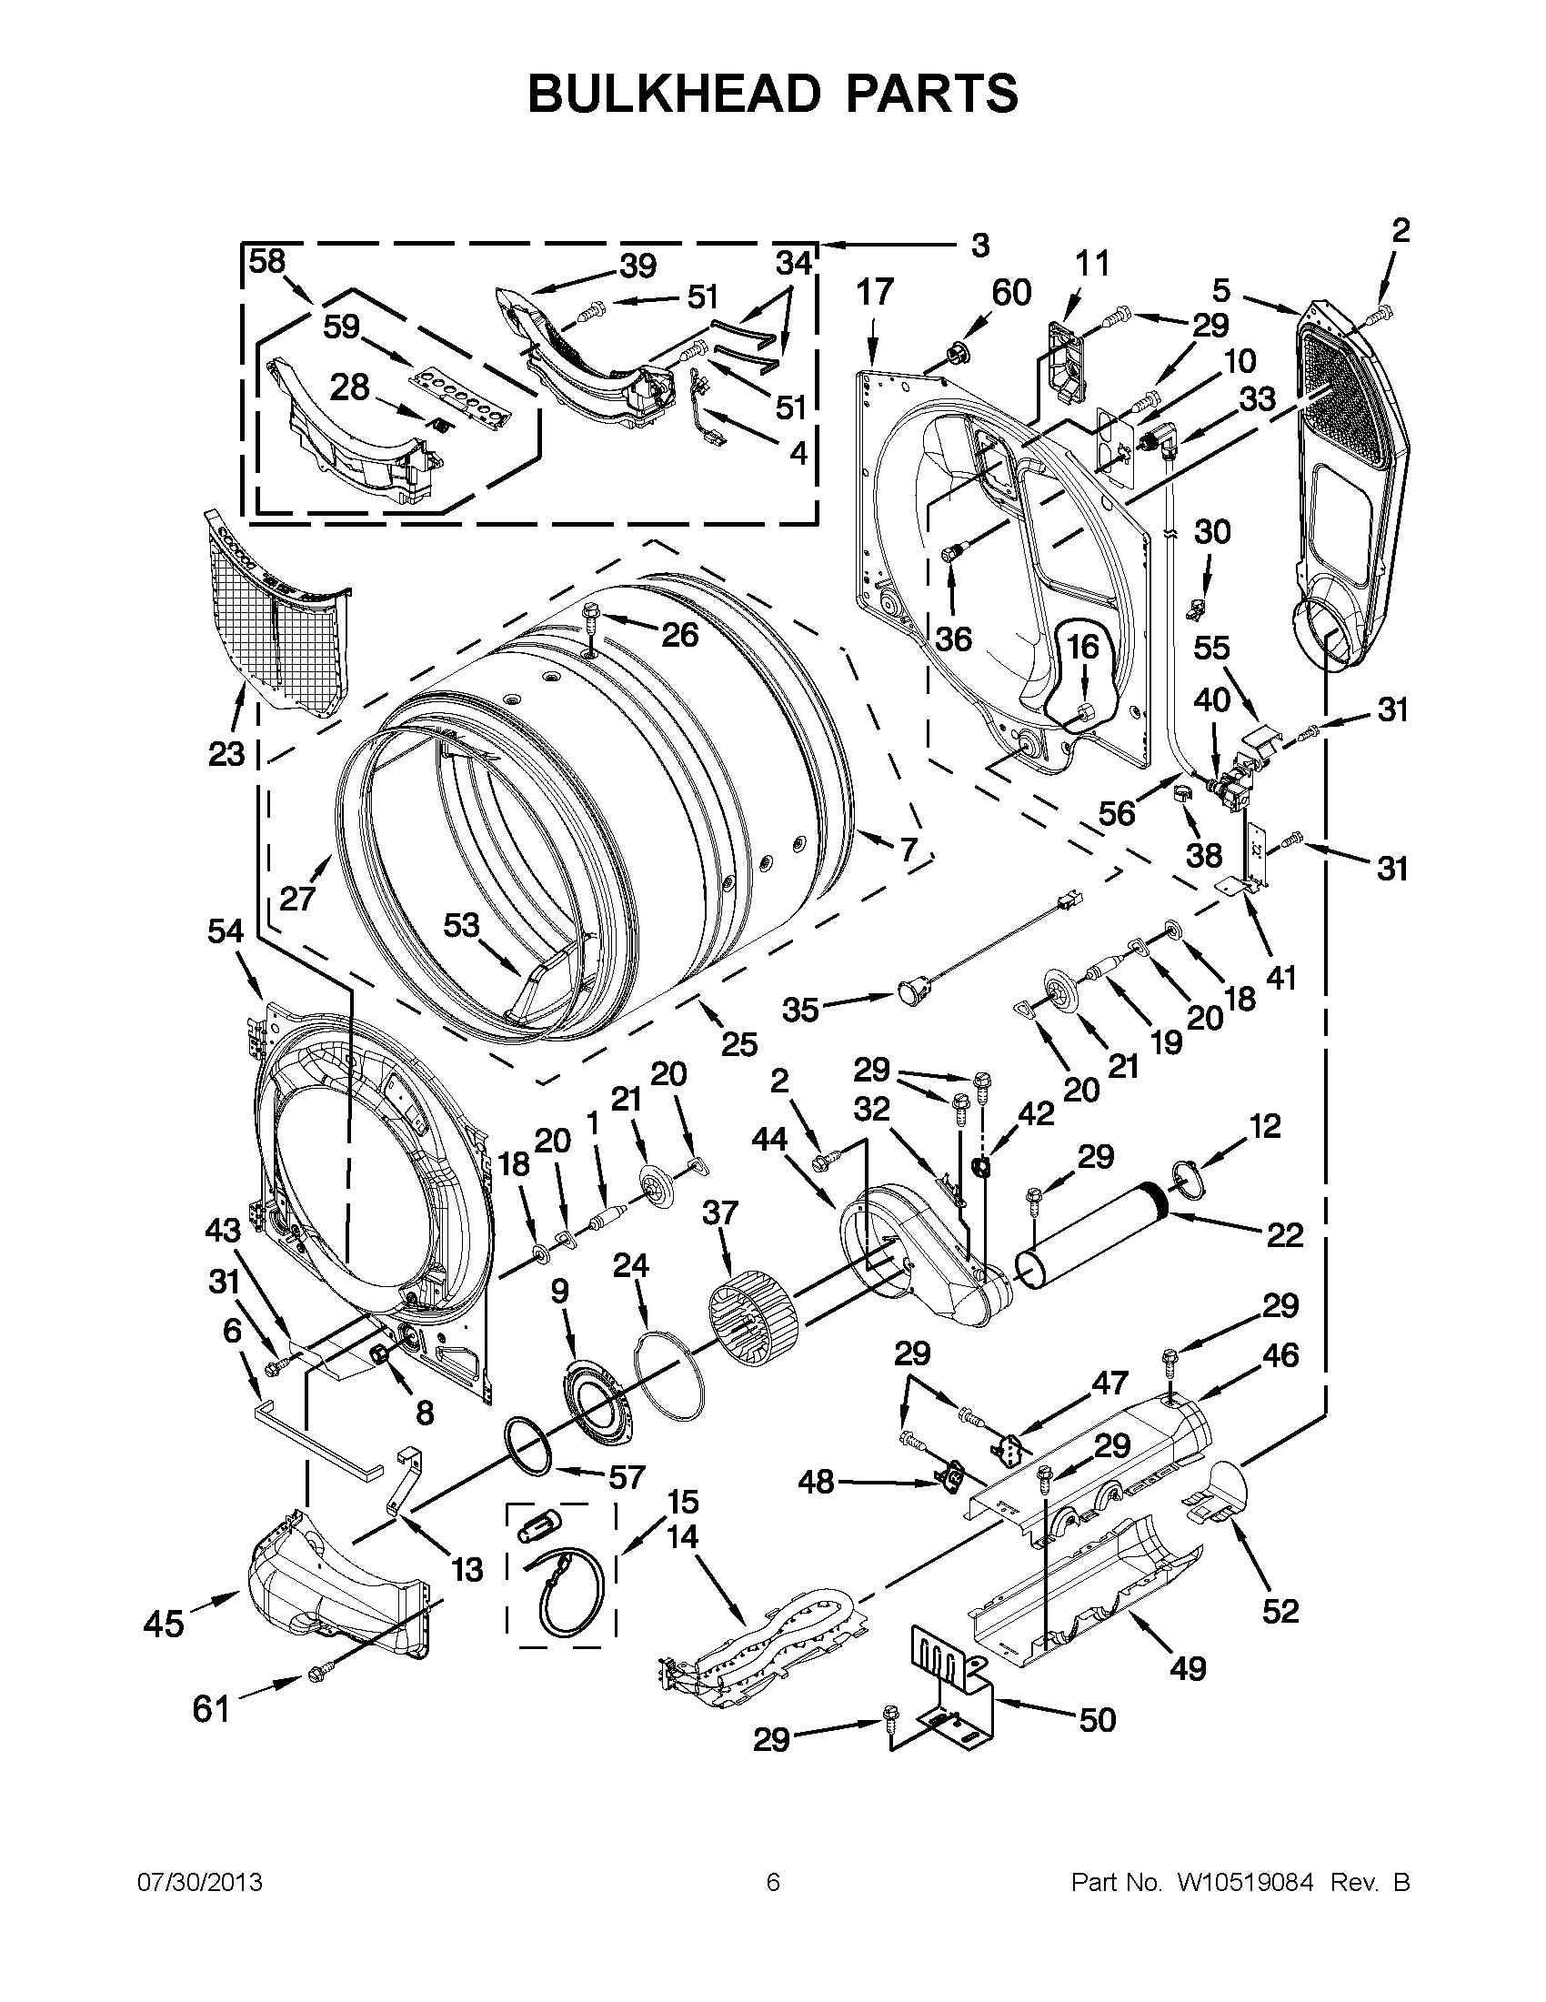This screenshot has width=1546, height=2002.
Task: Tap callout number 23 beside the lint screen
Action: pyautogui.click(x=227, y=753)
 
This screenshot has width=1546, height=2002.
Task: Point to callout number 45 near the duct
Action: pyautogui.click(x=164, y=1625)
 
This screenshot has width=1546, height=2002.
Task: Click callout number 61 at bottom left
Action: pyautogui.click(x=211, y=1709)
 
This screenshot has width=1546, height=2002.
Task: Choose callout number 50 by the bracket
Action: pyautogui.click(x=1097, y=1720)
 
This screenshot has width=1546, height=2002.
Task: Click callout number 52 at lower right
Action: pyautogui.click(x=1280, y=1610)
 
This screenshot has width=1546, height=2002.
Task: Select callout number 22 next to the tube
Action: pyautogui.click(x=1284, y=1234)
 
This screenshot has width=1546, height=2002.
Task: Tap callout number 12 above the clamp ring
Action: pyautogui.click(x=1265, y=1126)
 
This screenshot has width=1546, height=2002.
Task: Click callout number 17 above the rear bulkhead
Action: pyautogui.click(x=874, y=292)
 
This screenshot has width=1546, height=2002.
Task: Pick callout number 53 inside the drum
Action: pyautogui.click(x=461, y=925)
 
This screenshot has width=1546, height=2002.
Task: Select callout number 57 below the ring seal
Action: pyautogui.click(x=627, y=1477)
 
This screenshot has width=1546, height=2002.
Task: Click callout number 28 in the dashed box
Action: pyautogui.click(x=349, y=387)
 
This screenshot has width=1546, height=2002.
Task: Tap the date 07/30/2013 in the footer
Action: pyautogui.click(x=200, y=1883)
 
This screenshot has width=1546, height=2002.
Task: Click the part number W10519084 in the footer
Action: pyautogui.click(x=1244, y=1883)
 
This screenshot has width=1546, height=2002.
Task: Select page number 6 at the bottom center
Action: pyautogui.click(x=772, y=1883)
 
